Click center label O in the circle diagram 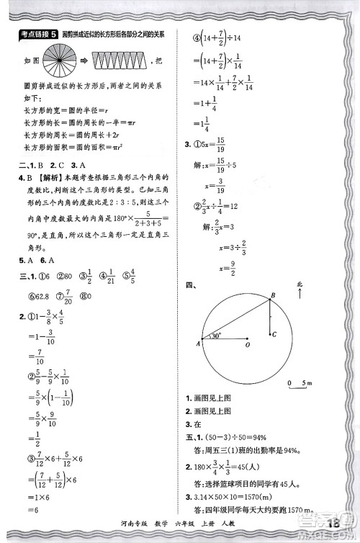[248, 346]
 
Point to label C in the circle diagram [275, 334]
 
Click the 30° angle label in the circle [216, 335]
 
